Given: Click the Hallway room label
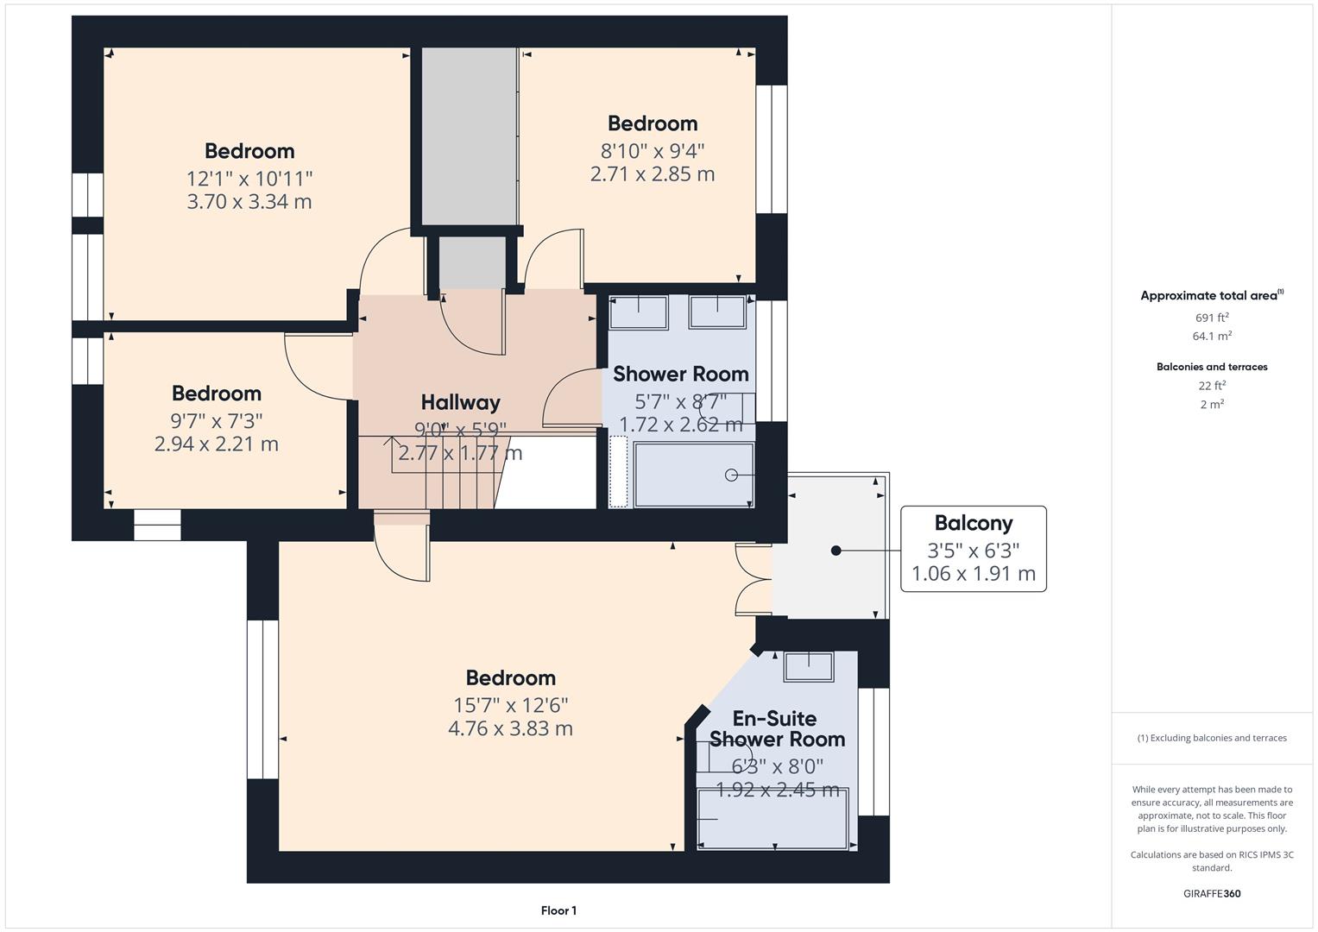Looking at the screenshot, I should (460, 402).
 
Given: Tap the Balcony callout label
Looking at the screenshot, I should (973, 523).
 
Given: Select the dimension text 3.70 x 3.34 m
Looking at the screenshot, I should (249, 202).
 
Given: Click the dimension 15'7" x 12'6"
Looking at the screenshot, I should (510, 705).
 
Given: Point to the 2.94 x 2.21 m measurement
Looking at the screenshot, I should (216, 444).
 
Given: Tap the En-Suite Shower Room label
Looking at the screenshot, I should (776, 729).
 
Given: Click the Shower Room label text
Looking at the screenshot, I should (680, 375).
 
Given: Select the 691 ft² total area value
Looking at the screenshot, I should (1211, 318).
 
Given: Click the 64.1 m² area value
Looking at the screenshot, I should (1211, 337).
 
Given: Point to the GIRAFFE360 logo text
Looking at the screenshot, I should (1211, 893).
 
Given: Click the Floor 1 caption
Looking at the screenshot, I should (558, 910).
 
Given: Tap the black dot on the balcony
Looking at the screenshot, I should (836, 551).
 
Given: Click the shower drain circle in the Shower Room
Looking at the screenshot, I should (731, 475).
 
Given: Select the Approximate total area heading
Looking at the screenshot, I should (1211, 296).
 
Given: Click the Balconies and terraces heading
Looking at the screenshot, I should (1211, 367).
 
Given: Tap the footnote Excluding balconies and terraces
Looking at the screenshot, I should (1211, 738).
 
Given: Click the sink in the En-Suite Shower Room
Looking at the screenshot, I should (808, 667).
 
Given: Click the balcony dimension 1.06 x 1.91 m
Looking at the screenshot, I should (973, 574).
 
